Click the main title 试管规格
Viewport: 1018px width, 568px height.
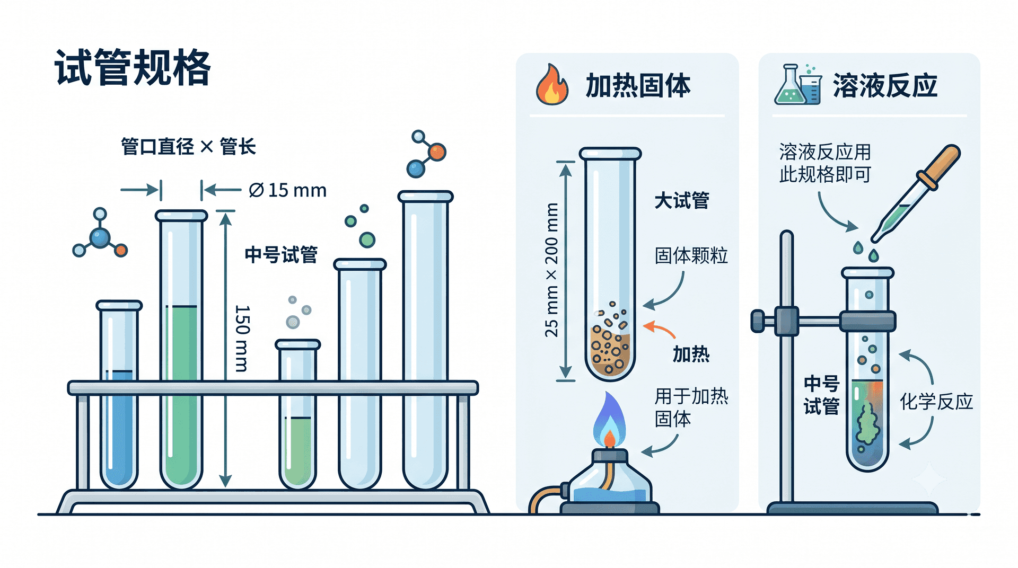133,67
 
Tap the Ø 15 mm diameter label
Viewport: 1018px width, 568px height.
287,190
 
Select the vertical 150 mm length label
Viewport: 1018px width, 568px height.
242,338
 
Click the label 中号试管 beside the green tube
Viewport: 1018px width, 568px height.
281,255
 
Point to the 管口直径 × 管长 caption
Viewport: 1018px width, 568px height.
188,146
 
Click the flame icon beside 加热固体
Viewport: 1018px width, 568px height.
551,85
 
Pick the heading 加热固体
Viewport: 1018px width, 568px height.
638,86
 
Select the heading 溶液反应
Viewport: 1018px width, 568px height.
885,86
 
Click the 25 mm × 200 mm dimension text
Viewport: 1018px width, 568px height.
551,270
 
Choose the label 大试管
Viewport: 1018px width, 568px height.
682,201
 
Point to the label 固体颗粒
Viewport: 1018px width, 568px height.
691,256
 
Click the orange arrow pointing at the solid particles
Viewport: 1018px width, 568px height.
659,329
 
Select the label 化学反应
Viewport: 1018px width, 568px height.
936,402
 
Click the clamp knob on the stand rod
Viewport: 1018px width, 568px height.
758,321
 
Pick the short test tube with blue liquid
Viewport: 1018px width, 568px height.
119,395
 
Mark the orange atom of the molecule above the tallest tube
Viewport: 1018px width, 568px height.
437,153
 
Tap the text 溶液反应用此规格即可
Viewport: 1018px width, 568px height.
825,163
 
